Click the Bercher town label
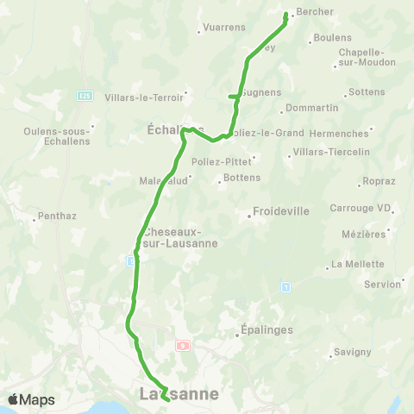tap(314, 12)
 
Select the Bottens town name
tap(241, 179)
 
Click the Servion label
tap(382, 284)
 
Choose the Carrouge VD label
tap(361, 208)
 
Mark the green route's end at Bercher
tap(286, 13)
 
